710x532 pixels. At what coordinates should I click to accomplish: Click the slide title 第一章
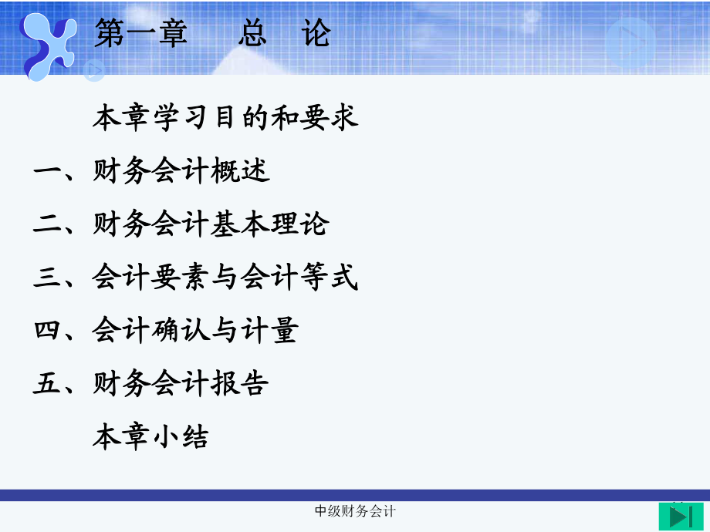141,34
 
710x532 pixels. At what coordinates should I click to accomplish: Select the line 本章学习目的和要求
225,118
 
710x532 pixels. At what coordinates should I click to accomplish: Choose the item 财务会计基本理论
211,224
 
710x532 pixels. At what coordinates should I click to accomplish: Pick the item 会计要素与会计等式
225,278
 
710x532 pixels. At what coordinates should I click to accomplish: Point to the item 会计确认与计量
195,331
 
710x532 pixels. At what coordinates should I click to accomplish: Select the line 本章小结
151,437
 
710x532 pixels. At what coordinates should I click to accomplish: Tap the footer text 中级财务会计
356,511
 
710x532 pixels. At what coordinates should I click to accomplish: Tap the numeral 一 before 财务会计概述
48,171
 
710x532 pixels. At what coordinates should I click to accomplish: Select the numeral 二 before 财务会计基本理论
48,224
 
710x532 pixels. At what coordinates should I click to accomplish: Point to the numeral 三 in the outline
48,278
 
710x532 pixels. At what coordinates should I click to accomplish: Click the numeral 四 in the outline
48,331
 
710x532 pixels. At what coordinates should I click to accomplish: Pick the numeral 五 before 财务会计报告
48,384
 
